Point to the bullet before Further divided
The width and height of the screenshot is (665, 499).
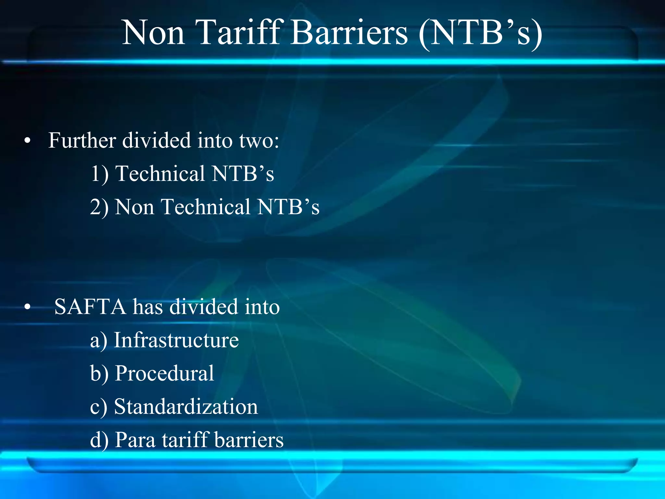pos(28,141)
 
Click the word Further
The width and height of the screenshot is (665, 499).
pos(82,141)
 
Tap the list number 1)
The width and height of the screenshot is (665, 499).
pos(99,174)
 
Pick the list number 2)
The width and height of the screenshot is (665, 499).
pos(99,207)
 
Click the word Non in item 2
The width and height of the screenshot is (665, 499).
pos(134,207)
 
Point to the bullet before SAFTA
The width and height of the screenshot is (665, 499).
pos(28,307)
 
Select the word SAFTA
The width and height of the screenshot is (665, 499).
pos(90,307)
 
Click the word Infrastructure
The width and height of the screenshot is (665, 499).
pos(176,340)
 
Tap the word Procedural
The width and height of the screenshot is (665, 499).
pos(165,373)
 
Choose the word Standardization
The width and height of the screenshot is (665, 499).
pos(186,407)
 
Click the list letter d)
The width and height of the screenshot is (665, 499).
pos(99,440)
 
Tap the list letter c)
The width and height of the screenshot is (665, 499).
pos(98,407)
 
